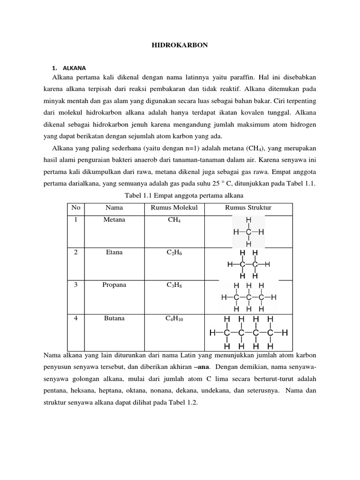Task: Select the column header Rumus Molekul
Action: coord(174,208)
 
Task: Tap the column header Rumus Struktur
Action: coord(248,208)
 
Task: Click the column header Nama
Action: coord(114,208)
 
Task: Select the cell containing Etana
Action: coord(114,252)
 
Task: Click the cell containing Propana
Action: coord(114,285)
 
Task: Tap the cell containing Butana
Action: coord(114,318)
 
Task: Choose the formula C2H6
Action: coord(174,253)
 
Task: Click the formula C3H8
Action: coord(174,285)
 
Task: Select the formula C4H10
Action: coord(174,319)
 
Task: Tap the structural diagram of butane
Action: coord(248,333)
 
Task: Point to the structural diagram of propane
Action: coord(248,297)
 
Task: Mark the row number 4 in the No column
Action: coord(74,318)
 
